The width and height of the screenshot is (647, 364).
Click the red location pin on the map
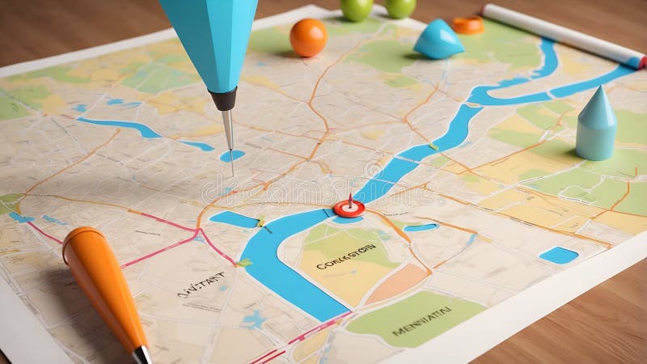pyautogui.click(x=349, y=208)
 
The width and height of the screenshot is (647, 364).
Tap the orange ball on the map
pyautogui.click(x=308, y=37)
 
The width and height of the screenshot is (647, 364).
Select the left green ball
pyautogui.click(x=356, y=8)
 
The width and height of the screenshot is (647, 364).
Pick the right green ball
pyautogui.click(x=399, y=6)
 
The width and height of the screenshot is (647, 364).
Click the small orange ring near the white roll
pyautogui.click(x=467, y=25)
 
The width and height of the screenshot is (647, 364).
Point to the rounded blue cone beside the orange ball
pyautogui.click(x=438, y=40)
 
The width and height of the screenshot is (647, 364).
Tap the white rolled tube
pyautogui.click(x=561, y=33)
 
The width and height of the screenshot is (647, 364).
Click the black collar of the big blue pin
pyautogui.click(x=223, y=99)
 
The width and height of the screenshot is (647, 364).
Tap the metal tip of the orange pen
pyautogui.click(x=142, y=354)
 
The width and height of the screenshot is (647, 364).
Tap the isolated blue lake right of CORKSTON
pyautogui.click(x=558, y=256)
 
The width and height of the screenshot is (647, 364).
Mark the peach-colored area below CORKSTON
pyautogui.click(x=396, y=282)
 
